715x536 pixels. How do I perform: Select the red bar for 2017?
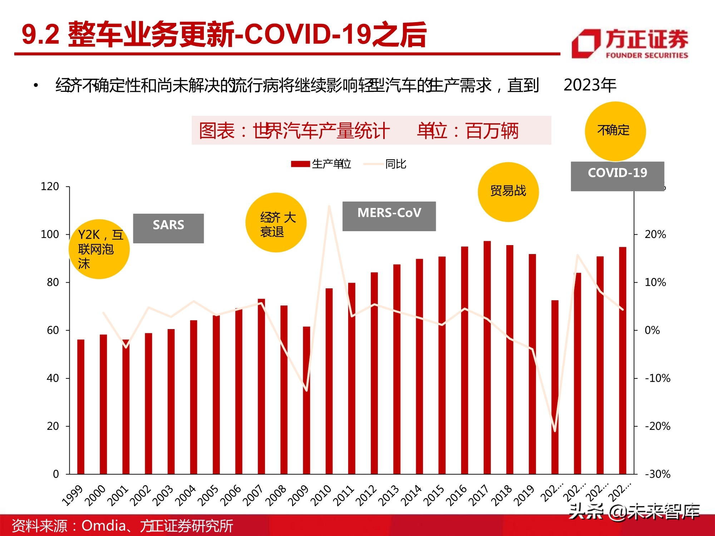[x=487, y=357]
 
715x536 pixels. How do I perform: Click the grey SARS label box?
[x=168, y=228]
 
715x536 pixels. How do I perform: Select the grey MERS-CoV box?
[x=389, y=216]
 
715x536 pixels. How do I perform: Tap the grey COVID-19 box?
[x=617, y=176]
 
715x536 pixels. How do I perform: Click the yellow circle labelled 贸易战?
[x=508, y=192]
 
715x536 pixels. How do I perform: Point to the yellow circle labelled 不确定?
[x=615, y=131]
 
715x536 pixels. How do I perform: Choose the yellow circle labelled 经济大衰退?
[x=276, y=222]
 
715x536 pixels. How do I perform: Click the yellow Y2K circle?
[x=99, y=249]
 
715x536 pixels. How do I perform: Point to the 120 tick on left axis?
[x=50, y=187]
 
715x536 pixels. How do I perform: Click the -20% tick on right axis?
[x=657, y=426]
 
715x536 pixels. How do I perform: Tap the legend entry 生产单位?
[x=321, y=164]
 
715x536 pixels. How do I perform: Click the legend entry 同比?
[x=385, y=164]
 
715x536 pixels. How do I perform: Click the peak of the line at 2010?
[x=329, y=206]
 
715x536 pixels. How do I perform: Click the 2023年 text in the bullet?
[x=590, y=85]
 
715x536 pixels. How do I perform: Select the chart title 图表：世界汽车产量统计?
[x=294, y=130]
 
